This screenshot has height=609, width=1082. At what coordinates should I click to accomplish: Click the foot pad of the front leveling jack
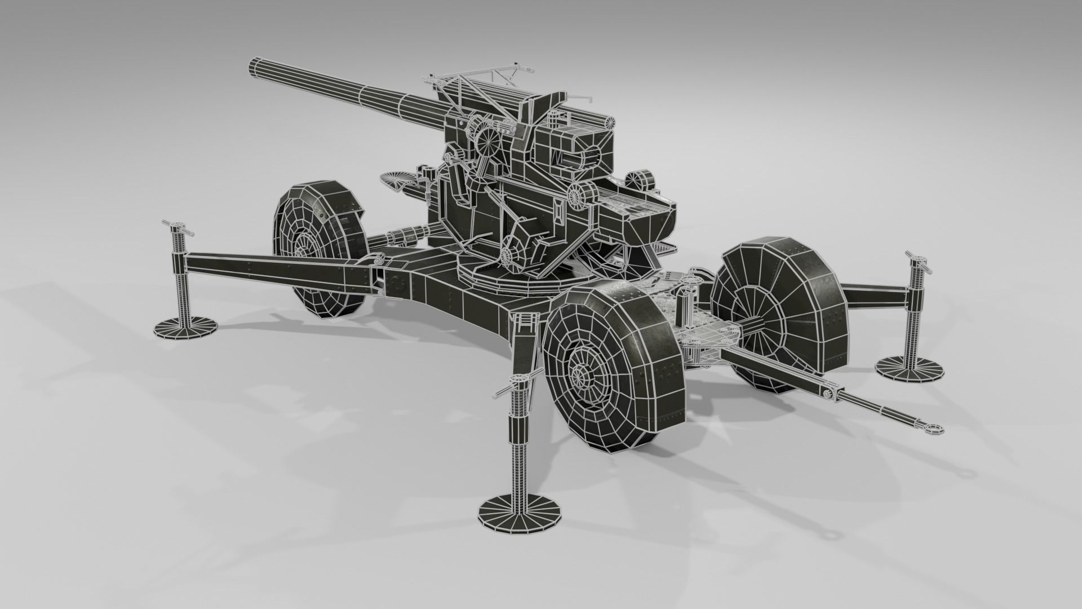click(x=521, y=513)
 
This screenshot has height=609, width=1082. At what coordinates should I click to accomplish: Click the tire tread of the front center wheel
click(x=648, y=350)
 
